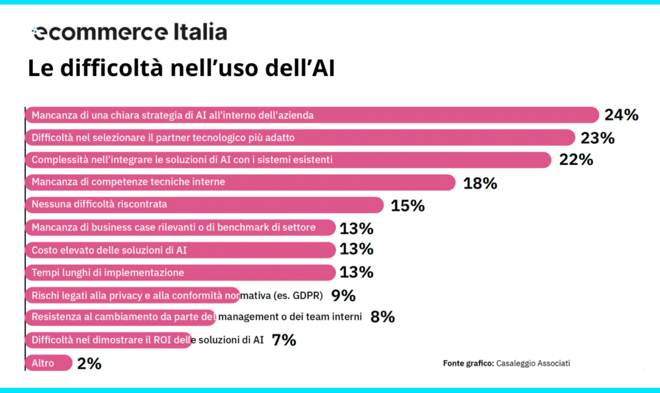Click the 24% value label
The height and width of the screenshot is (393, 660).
(621, 115)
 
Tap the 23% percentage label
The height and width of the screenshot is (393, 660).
(597, 137)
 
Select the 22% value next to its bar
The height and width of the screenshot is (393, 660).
(576, 160)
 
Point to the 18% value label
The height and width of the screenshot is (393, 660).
(480, 183)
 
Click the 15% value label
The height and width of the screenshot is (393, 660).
(407, 206)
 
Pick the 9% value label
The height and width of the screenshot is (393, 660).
(343, 296)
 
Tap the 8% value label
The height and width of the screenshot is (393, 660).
(382, 316)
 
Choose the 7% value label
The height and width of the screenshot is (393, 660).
(284, 340)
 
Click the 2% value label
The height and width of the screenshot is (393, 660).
(89, 363)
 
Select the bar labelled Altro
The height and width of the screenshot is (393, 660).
(48, 363)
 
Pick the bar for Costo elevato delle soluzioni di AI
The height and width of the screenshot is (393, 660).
(180, 250)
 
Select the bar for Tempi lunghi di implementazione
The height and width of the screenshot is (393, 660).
(180, 273)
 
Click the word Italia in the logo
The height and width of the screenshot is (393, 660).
(192, 32)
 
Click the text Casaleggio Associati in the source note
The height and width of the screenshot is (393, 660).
(532, 363)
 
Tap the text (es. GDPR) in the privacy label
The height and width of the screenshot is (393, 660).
(299, 296)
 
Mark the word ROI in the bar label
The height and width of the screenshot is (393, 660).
(162, 340)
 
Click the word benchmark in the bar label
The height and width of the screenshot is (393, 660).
(242, 227)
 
